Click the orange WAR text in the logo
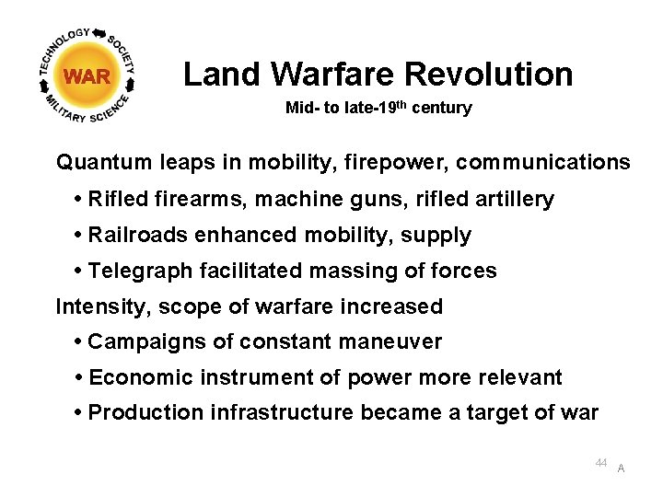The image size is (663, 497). [87, 76]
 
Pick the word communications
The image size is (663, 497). [543, 163]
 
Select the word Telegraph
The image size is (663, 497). [139, 271]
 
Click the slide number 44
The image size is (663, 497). [600, 463]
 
